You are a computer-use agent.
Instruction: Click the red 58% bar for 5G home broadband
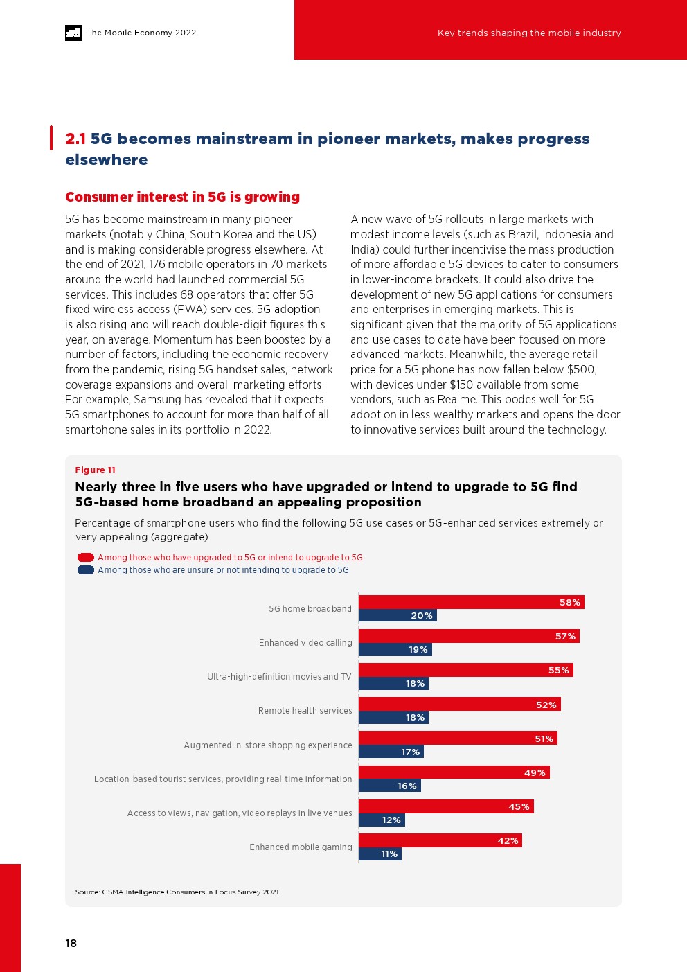(471, 602)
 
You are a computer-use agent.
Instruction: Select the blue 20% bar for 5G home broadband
(397, 615)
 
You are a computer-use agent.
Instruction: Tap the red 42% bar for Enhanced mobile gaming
(440, 840)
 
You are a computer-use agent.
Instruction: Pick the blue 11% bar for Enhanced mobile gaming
(380, 854)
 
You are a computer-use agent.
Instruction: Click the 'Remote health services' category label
(305, 711)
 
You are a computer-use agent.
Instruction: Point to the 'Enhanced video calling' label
(305, 643)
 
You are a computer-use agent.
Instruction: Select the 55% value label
(558, 670)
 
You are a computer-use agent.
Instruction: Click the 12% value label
(391, 820)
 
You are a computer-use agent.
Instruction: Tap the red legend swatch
(86, 557)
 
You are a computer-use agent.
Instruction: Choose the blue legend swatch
(86, 570)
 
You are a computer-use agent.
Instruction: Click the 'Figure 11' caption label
(96, 470)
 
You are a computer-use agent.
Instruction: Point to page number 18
(71, 943)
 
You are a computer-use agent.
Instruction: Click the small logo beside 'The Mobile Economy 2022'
(73, 33)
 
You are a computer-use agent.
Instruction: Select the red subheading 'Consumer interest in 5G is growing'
(182, 197)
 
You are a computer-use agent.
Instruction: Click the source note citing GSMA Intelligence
(177, 892)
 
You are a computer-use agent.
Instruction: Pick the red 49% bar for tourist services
(454, 772)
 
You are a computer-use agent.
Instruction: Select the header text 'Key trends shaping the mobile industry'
(529, 33)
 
